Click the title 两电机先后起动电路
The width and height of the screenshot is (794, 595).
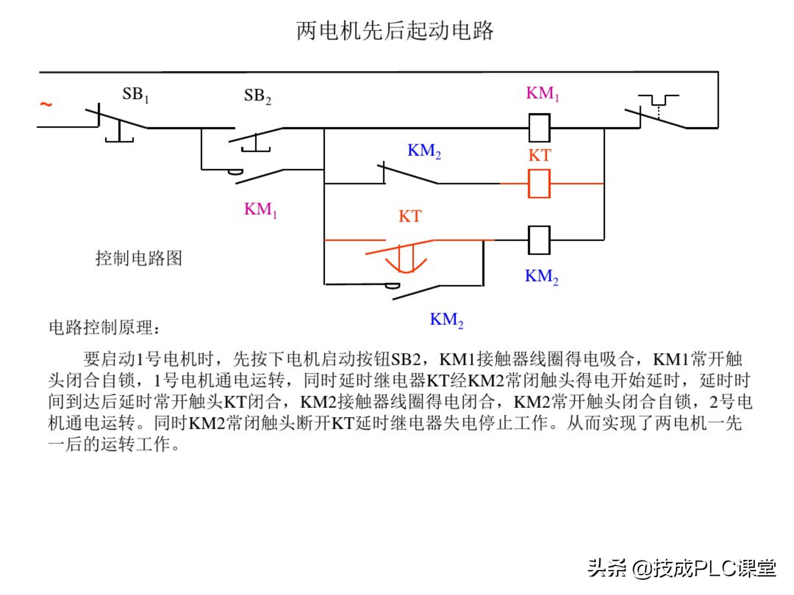pyautogui.click(x=395, y=31)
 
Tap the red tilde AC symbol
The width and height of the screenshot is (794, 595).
pyautogui.click(x=46, y=104)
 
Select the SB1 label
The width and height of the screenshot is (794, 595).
pyautogui.click(x=135, y=95)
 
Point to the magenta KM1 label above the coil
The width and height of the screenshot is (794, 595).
pyautogui.click(x=542, y=94)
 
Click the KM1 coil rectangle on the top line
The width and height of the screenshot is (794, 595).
pyautogui.click(x=539, y=128)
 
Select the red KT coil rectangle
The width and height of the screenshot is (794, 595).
pyautogui.click(x=539, y=184)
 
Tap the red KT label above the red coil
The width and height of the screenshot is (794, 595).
pyautogui.click(x=540, y=156)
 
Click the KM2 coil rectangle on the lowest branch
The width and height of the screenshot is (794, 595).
pyautogui.click(x=539, y=240)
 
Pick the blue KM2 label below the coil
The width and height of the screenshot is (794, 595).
pyautogui.click(x=541, y=277)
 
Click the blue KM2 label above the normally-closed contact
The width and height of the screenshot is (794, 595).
pyautogui.click(x=424, y=151)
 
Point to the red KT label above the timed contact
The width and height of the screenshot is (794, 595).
pyautogui.click(x=410, y=217)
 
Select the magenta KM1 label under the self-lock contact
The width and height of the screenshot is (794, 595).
pyautogui.click(x=260, y=209)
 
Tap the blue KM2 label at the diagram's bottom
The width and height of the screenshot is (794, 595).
pyautogui.click(x=447, y=320)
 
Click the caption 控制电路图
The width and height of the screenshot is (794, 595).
pyautogui.click(x=139, y=258)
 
